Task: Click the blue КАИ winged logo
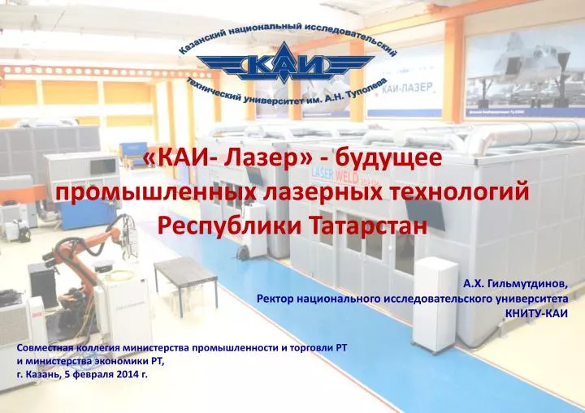285,62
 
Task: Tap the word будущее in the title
388,158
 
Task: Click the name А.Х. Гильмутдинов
516,285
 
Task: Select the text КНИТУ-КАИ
536,313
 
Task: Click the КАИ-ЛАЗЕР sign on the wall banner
407,88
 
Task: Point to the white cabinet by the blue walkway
435,303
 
